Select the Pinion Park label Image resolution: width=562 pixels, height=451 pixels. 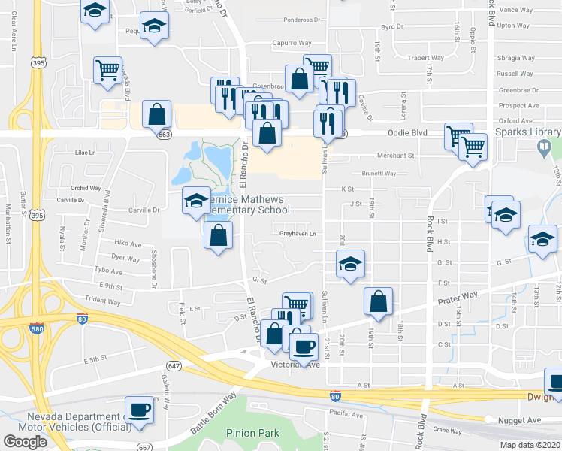252,433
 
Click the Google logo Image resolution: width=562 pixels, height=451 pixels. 26,441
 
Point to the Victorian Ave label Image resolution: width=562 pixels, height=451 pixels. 295,365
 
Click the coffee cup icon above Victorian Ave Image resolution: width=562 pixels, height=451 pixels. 304,347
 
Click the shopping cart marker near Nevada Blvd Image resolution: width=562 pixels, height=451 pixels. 107,70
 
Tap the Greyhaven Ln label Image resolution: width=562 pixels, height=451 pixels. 297,234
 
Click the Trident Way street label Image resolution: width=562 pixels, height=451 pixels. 103,301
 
